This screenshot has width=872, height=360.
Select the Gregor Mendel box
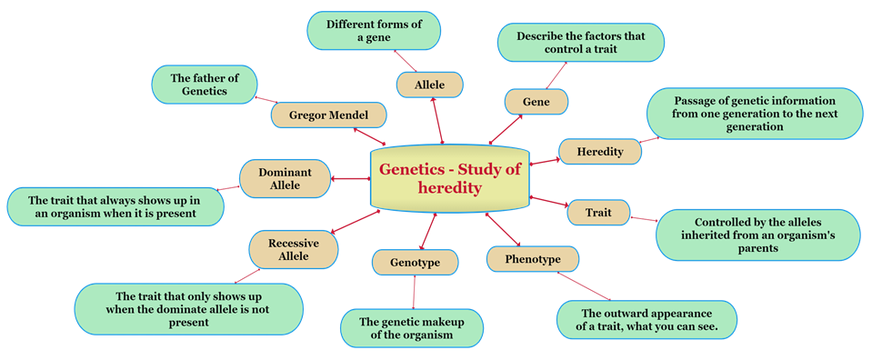327,115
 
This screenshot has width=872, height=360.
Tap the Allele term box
429,85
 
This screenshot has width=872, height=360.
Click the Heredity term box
599,152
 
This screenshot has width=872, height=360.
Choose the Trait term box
598,213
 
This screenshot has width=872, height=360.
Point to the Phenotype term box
532,260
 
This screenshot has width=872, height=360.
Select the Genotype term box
415,263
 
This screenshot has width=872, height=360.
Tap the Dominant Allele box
285,178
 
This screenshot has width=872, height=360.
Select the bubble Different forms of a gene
374,30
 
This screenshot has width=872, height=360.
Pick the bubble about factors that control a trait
579,43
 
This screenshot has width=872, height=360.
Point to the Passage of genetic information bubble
754,113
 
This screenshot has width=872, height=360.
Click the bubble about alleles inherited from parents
757,235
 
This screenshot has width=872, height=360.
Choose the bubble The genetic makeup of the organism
411,328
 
